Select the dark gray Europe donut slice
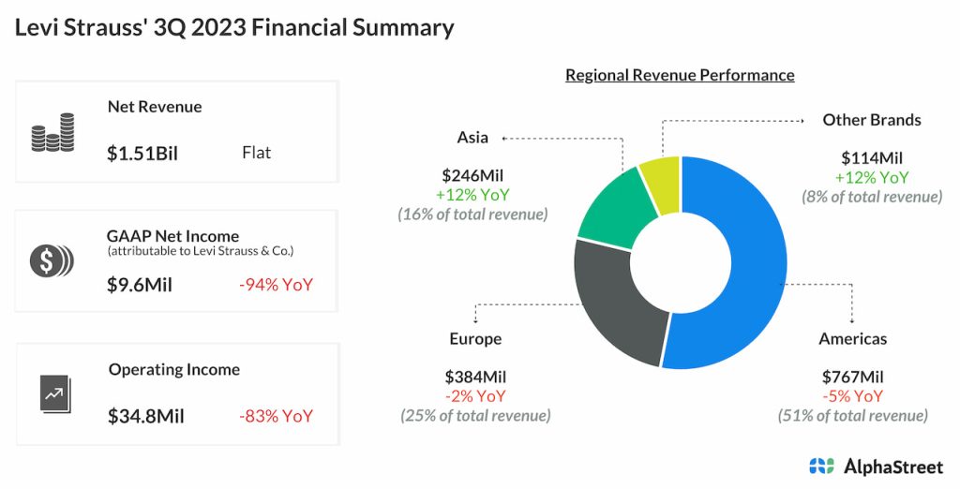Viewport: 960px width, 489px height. point(613,300)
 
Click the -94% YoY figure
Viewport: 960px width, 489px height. point(276,284)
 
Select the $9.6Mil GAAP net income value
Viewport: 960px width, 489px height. point(140,284)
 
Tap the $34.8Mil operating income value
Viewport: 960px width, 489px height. point(145,416)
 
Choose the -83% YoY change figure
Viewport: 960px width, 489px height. point(276,416)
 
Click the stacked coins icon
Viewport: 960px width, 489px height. point(52,132)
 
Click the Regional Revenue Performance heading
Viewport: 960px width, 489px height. point(680,75)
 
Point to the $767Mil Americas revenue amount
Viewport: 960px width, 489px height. point(852,378)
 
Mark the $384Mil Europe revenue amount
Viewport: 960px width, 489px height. point(475,378)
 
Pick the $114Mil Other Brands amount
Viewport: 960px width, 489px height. point(872,158)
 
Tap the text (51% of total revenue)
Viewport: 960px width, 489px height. point(852,415)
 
